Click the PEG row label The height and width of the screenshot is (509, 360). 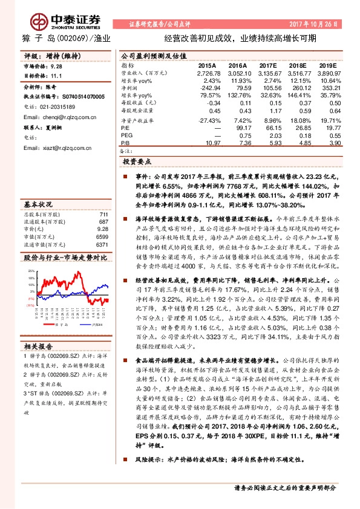pyautogui.click(x=126, y=135)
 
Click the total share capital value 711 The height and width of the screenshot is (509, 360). pyautogui.click(x=103, y=215)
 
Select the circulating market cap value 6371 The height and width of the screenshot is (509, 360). pyautogui.click(x=102, y=245)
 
